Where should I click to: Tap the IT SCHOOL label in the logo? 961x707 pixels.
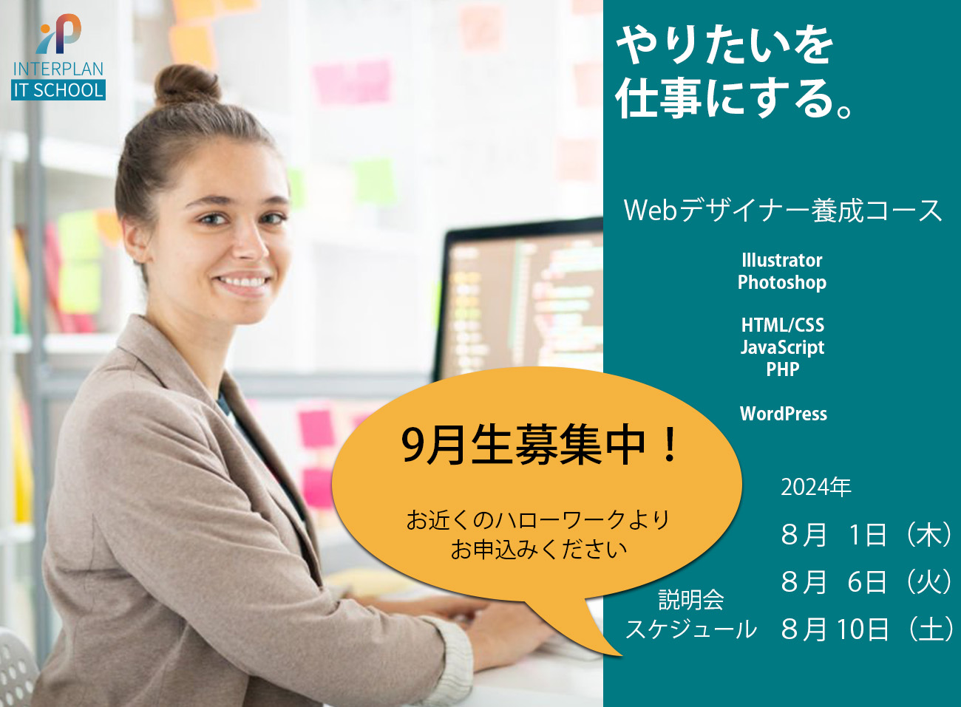58,90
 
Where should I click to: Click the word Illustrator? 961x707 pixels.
782,260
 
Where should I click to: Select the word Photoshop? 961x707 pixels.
782,283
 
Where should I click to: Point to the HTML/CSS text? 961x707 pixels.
783,325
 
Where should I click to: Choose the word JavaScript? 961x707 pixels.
783,348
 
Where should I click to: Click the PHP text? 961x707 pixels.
783,369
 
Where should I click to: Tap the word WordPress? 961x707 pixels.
784,414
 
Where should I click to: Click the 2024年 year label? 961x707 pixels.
815,487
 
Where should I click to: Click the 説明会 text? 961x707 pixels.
691,600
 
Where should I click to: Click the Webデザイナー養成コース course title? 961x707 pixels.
783,211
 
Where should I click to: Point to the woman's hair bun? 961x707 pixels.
187,85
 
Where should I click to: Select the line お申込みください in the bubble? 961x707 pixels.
539,550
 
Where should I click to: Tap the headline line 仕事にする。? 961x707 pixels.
733,100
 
